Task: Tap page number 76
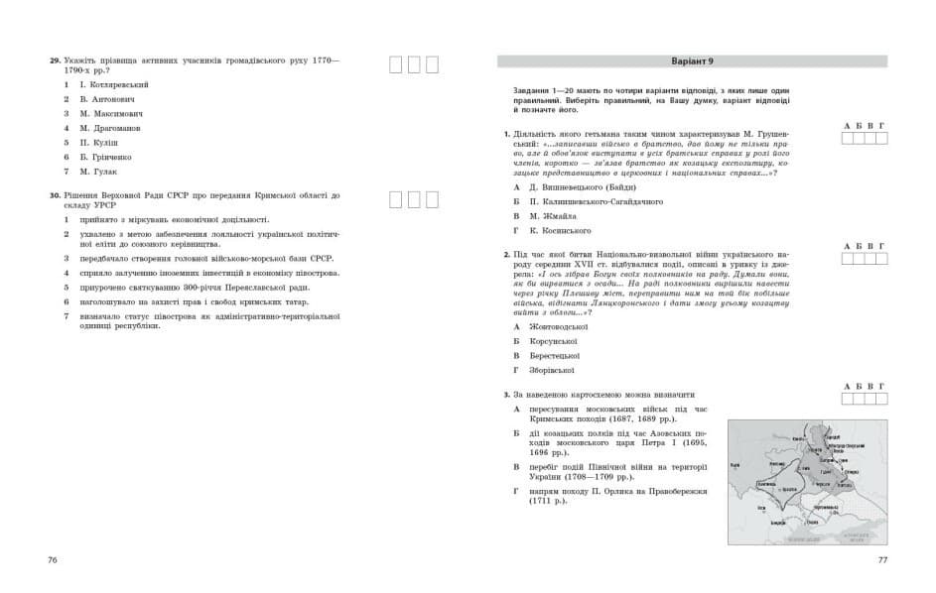tap(53, 560)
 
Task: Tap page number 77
tap(882, 560)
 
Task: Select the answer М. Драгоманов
tap(110, 128)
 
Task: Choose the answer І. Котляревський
tap(114, 85)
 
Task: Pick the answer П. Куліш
tap(99, 142)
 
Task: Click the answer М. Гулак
tap(98, 171)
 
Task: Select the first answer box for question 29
tap(395, 64)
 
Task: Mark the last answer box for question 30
tap(432, 199)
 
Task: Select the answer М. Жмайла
tap(557, 215)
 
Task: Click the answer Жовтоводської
tap(567, 326)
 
